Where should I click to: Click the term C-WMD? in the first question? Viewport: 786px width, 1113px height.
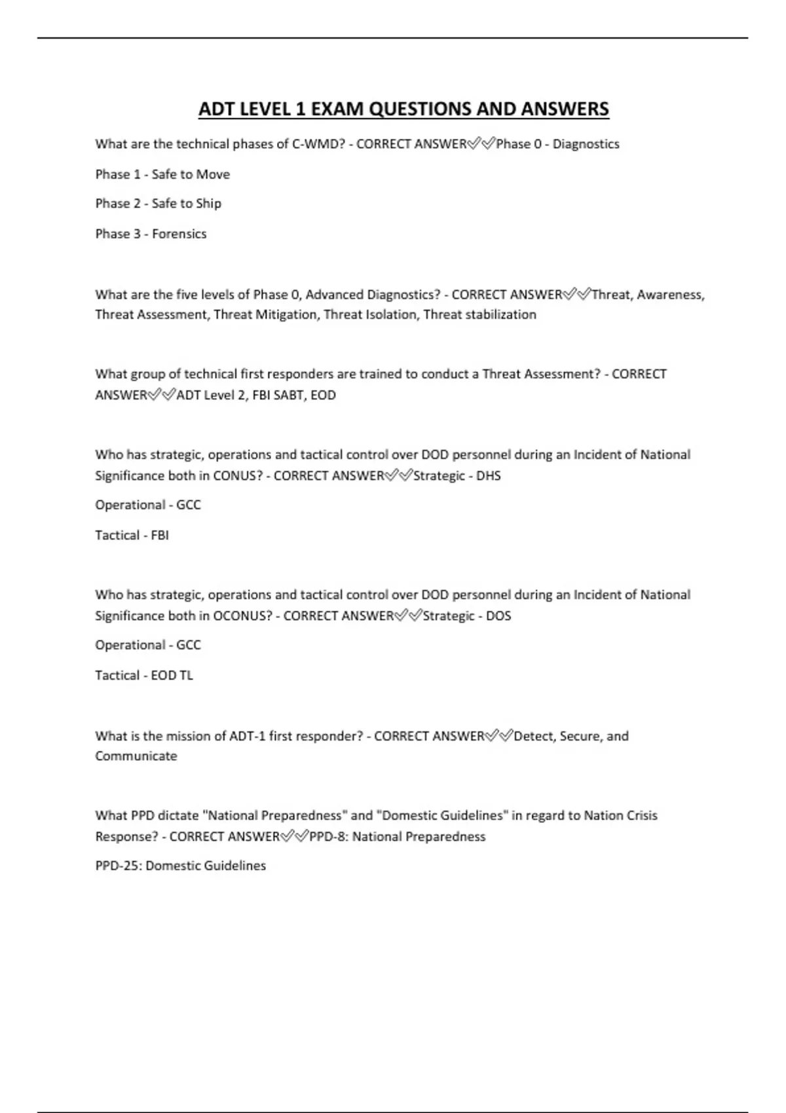click(318, 144)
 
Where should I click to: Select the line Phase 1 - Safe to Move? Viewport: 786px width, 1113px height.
click(162, 174)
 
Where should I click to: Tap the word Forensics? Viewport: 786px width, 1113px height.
click(179, 234)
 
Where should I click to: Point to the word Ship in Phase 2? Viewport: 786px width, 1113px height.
click(208, 204)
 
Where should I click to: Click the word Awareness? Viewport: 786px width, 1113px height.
click(670, 295)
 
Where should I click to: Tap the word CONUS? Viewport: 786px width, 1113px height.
click(238, 476)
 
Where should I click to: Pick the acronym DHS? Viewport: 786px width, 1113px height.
click(488, 476)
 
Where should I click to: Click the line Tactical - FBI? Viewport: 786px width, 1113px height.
click(132, 536)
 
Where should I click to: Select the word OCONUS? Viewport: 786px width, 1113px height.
click(243, 616)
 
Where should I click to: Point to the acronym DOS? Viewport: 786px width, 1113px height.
click(498, 616)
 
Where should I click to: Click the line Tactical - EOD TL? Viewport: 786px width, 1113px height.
click(144, 676)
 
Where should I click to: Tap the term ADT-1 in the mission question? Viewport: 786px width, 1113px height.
click(247, 736)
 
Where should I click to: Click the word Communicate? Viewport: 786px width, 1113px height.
click(136, 756)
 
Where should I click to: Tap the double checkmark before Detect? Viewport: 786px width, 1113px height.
click(498, 736)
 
